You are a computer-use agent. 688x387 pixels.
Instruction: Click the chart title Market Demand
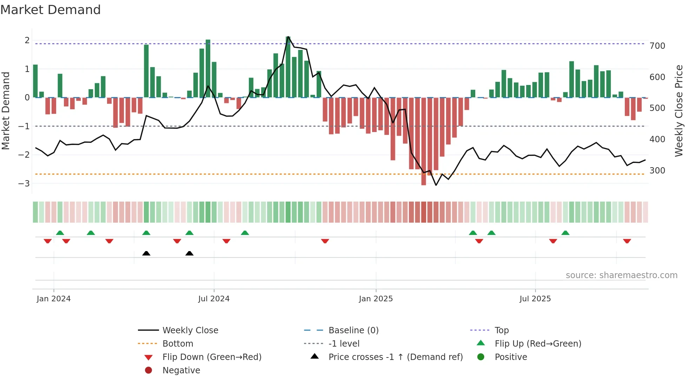click(x=51, y=10)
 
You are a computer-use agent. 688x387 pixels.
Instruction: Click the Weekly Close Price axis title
click(x=679, y=111)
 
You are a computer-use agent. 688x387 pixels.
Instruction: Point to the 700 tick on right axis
click(x=657, y=46)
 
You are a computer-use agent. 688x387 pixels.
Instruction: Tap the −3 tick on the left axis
click(x=24, y=183)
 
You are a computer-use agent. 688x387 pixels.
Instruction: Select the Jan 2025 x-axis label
click(x=376, y=299)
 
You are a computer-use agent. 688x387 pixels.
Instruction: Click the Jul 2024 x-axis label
click(x=213, y=299)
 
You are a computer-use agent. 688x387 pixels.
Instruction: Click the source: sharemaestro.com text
click(x=621, y=275)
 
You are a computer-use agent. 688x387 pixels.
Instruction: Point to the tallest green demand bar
click(x=288, y=67)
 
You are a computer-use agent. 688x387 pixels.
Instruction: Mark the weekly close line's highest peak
click(x=288, y=37)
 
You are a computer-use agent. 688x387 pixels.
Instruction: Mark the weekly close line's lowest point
click(x=436, y=185)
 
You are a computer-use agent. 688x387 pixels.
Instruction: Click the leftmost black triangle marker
click(x=146, y=253)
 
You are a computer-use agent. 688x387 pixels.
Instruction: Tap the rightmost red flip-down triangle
click(x=627, y=241)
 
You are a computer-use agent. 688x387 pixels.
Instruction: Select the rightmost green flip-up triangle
click(x=565, y=233)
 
